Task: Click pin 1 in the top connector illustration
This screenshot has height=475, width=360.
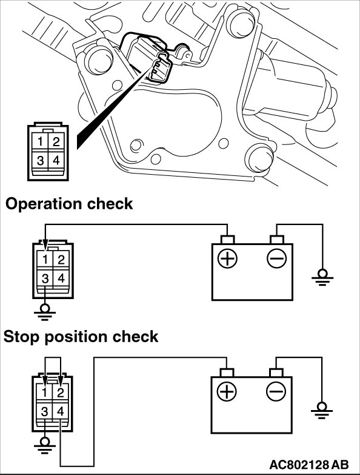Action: tap(39, 141)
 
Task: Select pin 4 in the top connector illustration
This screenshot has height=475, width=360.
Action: tap(56, 160)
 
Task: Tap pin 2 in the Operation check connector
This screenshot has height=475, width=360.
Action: tap(61, 260)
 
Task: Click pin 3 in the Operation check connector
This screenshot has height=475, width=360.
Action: tap(45, 278)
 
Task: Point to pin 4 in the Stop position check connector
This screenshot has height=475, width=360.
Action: tap(60, 411)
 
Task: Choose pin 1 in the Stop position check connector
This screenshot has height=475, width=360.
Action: tap(44, 392)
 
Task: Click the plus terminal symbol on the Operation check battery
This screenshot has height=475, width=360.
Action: tap(227, 258)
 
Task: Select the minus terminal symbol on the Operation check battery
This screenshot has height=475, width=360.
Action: tap(276, 258)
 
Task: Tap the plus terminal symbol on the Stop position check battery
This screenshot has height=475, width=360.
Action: tap(227, 392)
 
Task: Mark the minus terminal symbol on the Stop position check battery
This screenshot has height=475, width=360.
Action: tap(276, 392)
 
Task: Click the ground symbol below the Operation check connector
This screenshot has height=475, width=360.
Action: tap(45, 312)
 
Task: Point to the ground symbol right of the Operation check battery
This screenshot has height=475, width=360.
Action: tap(322, 277)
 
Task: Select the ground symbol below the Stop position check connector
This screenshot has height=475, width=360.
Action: tap(44, 446)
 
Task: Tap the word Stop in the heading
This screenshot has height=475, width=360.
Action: tap(22, 337)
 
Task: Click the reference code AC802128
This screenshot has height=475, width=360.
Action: tap(299, 465)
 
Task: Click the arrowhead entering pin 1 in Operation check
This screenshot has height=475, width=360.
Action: tap(45, 244)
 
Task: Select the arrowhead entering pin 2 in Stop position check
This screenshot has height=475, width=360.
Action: tap(61, 379)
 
